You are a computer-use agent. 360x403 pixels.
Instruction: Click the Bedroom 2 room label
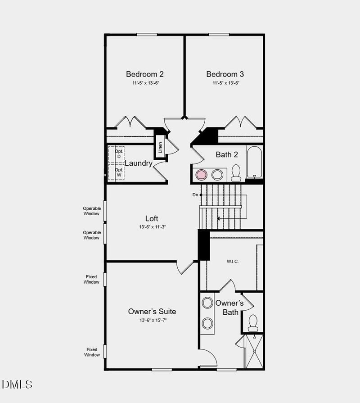[x=144, y=74]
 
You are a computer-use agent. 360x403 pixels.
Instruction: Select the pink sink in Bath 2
[x=201, y=174]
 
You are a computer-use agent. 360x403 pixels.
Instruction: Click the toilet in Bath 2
[x=236, y=173]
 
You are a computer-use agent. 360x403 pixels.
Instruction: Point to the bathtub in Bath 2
[x=254, y=162]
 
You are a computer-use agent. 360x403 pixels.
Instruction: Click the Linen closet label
[x=160, y=147]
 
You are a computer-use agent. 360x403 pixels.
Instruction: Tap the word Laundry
[x=139, y=163]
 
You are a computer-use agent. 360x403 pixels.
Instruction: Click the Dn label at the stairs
[x=195, y=195]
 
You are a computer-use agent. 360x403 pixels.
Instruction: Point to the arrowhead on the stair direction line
[x=219, y=218]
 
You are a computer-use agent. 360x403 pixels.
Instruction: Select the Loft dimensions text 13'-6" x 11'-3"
[x=153, y=227]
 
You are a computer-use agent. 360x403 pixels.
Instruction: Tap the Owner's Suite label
[x=152, y=312]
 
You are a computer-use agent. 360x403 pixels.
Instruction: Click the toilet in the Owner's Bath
[x=253, y=323]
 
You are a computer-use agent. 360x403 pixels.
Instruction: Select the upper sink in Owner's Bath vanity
[x=207, y=303]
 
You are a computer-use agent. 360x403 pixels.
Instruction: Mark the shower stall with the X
[x=254, y=352]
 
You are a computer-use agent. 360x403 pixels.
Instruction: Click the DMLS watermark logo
[x=17, y=384]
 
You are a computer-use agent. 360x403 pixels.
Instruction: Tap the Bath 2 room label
[x=227, y=155]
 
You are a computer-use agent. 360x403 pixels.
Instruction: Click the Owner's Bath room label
[x=229, y=308]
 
